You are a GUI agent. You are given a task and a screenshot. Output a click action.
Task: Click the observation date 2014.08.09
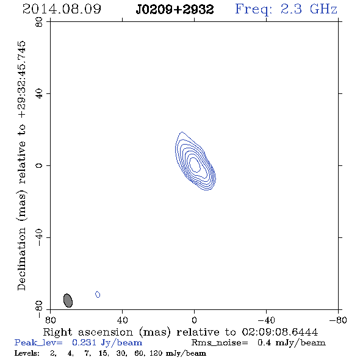(62, 9)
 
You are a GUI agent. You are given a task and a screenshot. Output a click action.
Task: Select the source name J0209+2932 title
(175, 10)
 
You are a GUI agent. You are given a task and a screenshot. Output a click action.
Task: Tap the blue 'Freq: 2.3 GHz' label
(286, 9)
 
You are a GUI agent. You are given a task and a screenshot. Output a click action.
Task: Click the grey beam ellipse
(68, 300)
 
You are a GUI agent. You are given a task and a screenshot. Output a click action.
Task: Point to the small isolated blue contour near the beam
(98, 294)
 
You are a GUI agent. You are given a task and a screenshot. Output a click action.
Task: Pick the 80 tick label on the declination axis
(39, 22)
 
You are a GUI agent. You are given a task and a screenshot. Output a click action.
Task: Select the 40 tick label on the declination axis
(39, 94)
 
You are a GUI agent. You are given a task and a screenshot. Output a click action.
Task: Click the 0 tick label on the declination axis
(39, 165)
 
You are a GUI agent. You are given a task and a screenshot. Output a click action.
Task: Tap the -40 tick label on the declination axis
(39, 237)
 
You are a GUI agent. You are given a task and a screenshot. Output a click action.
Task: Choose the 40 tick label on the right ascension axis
(123, 320)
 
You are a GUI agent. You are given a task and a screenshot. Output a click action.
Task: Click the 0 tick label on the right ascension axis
(194, 320)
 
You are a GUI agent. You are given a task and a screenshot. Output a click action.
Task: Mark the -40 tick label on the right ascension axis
(266, 320)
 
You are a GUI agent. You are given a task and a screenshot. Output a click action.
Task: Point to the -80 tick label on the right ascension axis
(338, 320)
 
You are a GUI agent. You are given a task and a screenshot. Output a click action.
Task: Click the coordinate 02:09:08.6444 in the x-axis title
(280, 332)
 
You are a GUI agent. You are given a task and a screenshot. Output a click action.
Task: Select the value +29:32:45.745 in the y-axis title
(22, 79)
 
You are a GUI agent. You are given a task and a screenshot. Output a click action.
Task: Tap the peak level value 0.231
(84, 343)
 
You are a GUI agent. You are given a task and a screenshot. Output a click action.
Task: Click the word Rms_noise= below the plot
(220, 343)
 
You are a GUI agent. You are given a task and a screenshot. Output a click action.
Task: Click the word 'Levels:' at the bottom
(27, 353)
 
